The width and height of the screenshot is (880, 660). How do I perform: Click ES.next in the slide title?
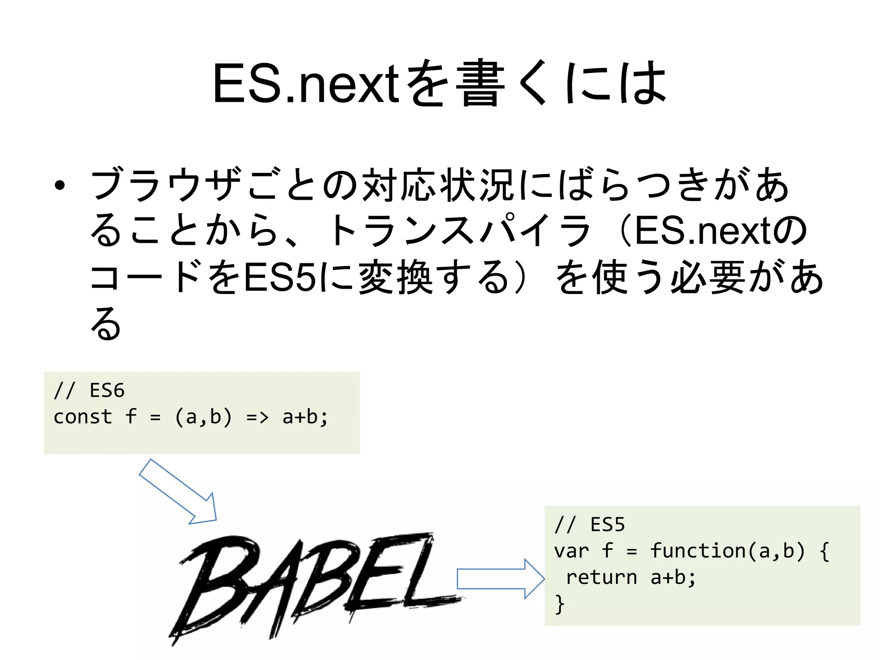(x=306, y=84)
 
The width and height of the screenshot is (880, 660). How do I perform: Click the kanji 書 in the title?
(x=480, y=84)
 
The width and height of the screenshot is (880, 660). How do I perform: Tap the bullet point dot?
(x=60, y=186)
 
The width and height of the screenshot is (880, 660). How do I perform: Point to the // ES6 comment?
(x=89, y=391)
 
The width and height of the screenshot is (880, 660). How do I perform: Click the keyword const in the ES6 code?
(x=82, y=417)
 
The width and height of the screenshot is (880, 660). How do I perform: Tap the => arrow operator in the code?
(x=257, y=417)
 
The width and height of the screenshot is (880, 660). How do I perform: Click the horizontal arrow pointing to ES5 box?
(x=501, y=579)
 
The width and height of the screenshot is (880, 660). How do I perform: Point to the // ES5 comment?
(x=589, y=525)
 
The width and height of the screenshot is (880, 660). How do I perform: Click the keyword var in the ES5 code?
(x=571, y=551)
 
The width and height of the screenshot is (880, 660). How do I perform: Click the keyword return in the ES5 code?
(x=601, y=577)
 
